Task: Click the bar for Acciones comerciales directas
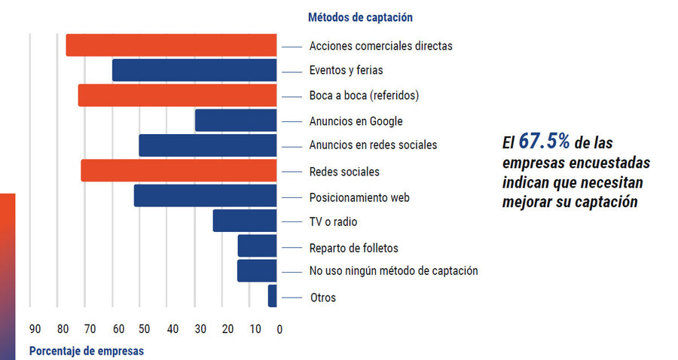pyautogui.click(x=171, y=45)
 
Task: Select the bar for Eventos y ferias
pyautogui.click(x=194, y=70)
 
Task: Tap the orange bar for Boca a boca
pyautogui.click(x=177, y=96)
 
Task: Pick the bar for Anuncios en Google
pyautogui.click(x=236, y=121)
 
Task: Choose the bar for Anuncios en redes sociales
pyautogui.click(x=208, y=145)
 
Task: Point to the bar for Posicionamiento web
pyautogui.click(x=206, y=196)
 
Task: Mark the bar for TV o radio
pyautogui.click(x=245, y=221)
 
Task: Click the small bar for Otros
pyautogui.click(x=273, y=296)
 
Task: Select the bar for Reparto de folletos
pyautogui.click(x=258, y=246)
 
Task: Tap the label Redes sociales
pyautogui.click(x=344, y=172)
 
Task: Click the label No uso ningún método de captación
pyautogui.click(x=393, y=270)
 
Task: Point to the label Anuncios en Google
pyautogui.click(x=356, y=121)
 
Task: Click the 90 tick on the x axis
pyautogui.click(x=35, y=329)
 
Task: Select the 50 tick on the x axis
pyautogui.click(x=145, y=329)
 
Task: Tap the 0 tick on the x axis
pyautogui.click(x=279, y=329)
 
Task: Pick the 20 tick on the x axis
pyautogui.click(x=227, y=329)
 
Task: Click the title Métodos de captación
pyautogui.click(x=360, y=17)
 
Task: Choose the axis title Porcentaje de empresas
pyautogui.click(x=86, y=351)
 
